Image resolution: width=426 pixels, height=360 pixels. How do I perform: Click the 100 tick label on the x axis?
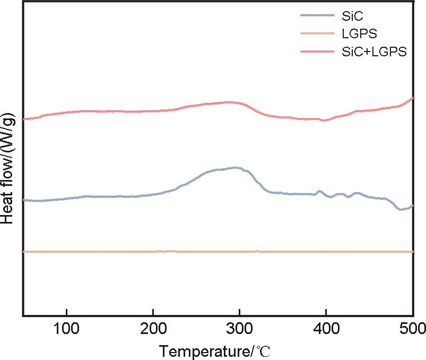pos(66,327)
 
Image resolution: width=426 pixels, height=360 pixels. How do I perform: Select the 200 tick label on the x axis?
pos(153,327)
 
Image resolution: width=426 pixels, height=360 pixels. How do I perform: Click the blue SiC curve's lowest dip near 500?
pos(402,209)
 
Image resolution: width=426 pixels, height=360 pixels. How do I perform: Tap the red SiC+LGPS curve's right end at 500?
pos(412,98)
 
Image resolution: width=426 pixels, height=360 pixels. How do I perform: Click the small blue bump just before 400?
pos(319,191)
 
